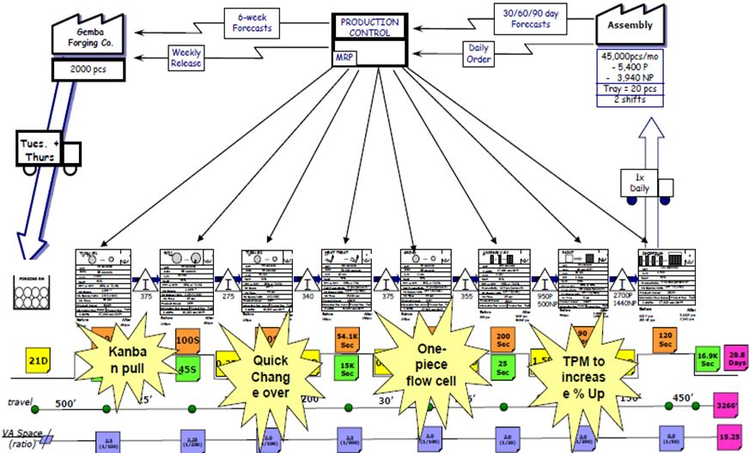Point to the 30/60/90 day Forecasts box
(522, 18)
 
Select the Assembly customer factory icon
(632, 23)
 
